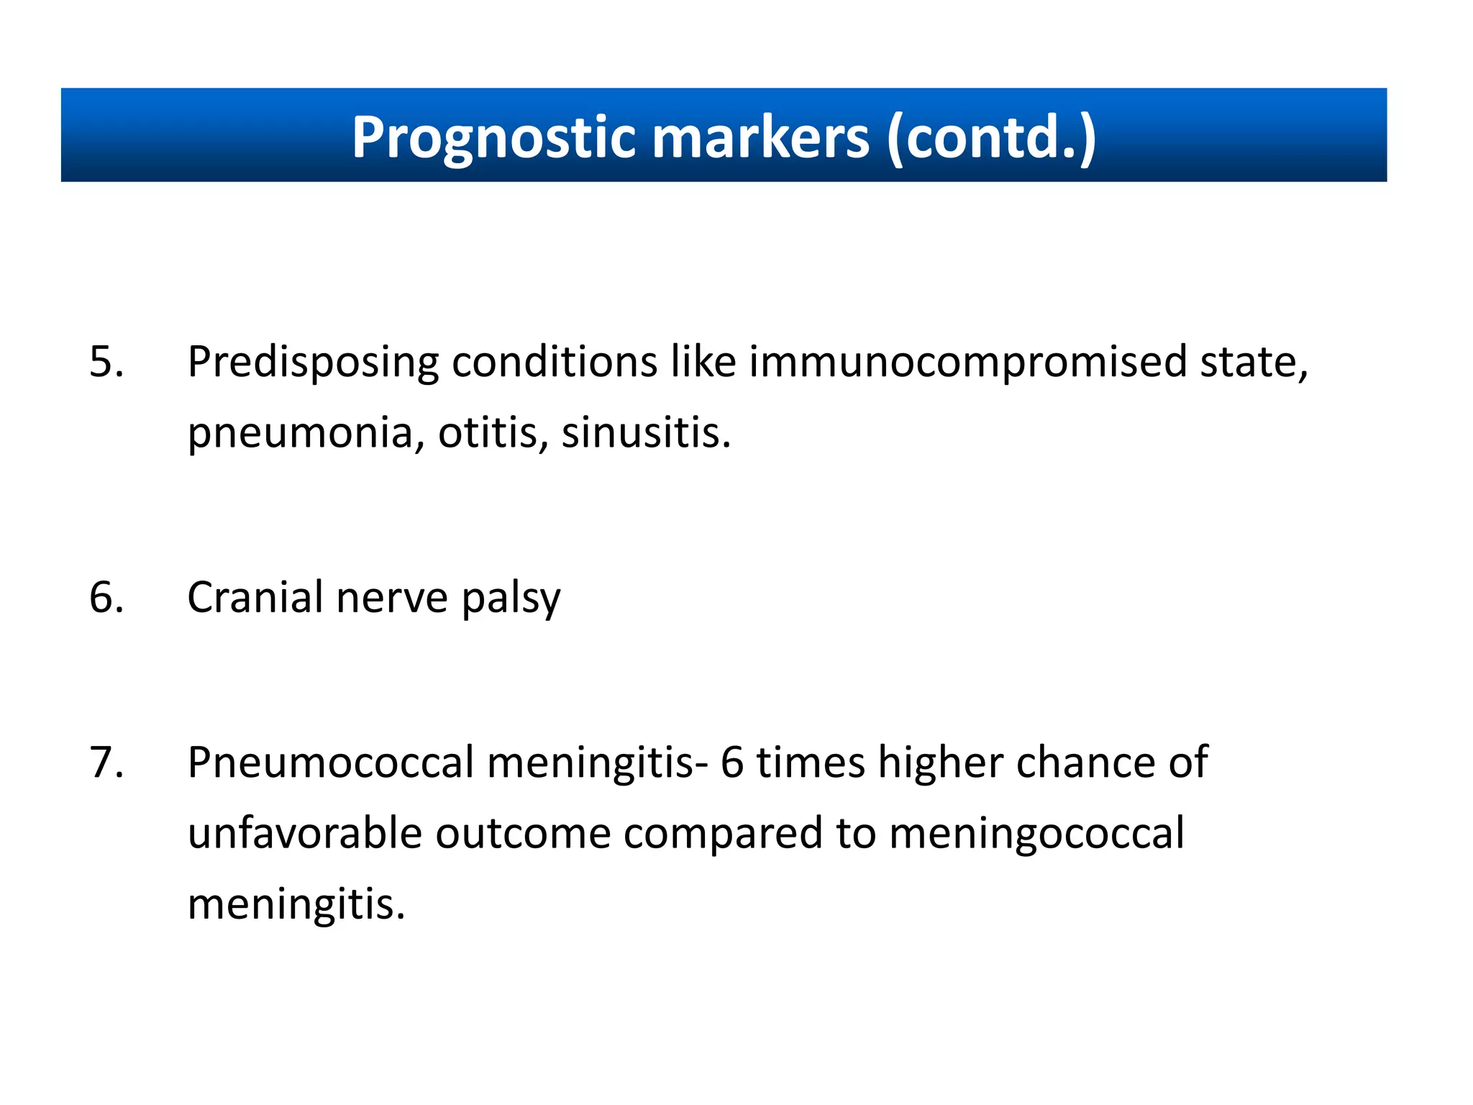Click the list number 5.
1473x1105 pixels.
[x=106, y=361]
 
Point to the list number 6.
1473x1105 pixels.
[x=106, y=597]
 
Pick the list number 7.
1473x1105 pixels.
[x=106, y=762]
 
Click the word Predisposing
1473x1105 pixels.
[x=312, y=363]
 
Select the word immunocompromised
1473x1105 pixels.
[x=967, y=363]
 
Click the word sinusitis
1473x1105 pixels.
[x=645, y=433]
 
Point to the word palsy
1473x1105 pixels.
[x=511, y=599]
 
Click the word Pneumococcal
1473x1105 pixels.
[x=330, y=762]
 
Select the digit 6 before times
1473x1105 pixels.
[x=731, y=762]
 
